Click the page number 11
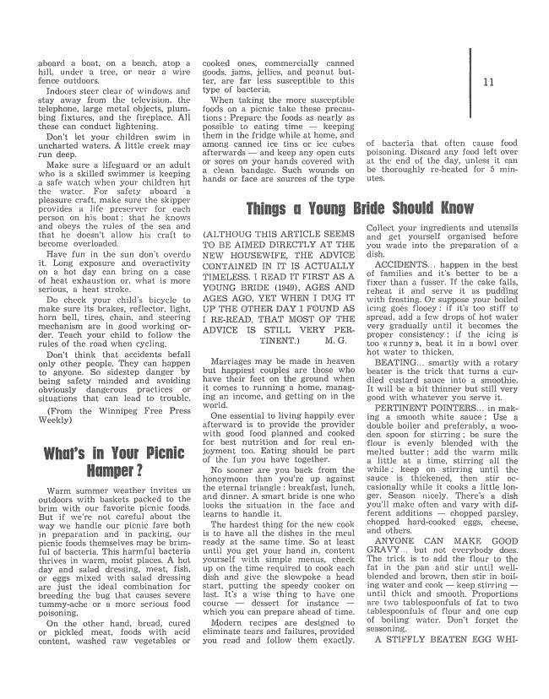point(489,82)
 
